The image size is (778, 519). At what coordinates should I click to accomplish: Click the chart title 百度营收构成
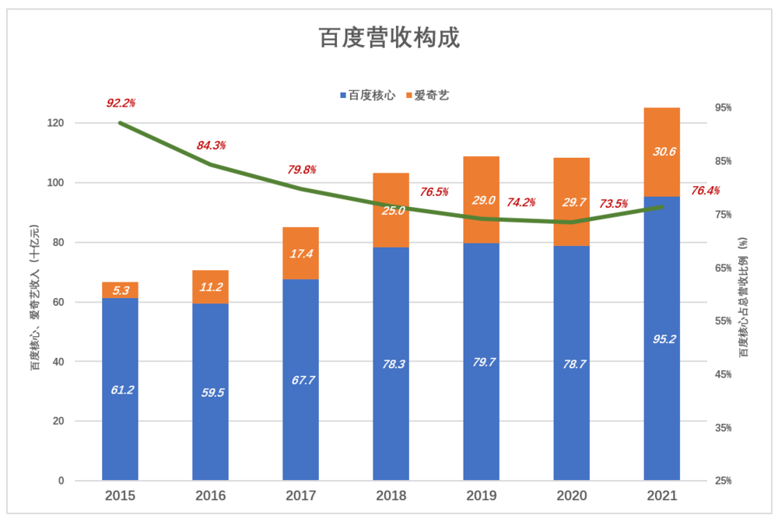(389, 38)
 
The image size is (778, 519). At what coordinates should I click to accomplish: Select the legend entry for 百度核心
(368, 95)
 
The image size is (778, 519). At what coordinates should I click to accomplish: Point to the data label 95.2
(662, 338)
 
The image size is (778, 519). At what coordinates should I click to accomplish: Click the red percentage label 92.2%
(121, 103)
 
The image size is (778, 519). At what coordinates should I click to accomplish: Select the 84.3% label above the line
(211, 145)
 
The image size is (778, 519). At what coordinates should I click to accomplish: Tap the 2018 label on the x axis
(391, 496)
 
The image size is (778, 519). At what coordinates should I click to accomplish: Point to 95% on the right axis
(723, 107)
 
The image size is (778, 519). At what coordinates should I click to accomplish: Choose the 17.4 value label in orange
(300, 254)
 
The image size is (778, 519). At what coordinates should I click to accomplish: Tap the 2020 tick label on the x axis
(571, 496)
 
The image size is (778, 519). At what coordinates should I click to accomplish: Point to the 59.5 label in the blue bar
(210, 392)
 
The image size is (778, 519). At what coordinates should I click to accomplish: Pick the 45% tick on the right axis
(723, 374)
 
